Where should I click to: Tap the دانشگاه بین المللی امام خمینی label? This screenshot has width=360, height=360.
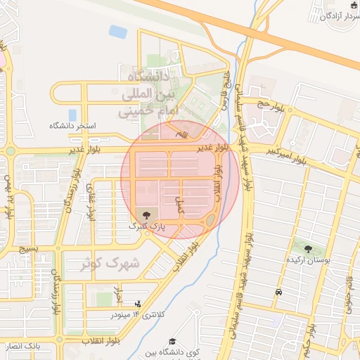pyautogui.click(x=146, y=92)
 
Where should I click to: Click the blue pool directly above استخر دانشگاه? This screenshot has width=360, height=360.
pyautogui.click(x=72, y=114)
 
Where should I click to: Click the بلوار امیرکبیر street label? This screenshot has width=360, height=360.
pyautogui.click(x=288, y=155)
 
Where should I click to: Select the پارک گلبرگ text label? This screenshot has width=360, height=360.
pyautogui.click(x=146, y=226)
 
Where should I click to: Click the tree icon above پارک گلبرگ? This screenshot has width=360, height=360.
pyautogui.click(x=146, y=215)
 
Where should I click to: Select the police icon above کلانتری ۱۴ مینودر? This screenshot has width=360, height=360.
pyautogui.click(x=138, y=304)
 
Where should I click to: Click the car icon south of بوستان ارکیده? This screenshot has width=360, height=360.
pyautogui.click(x=279, y=292)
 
